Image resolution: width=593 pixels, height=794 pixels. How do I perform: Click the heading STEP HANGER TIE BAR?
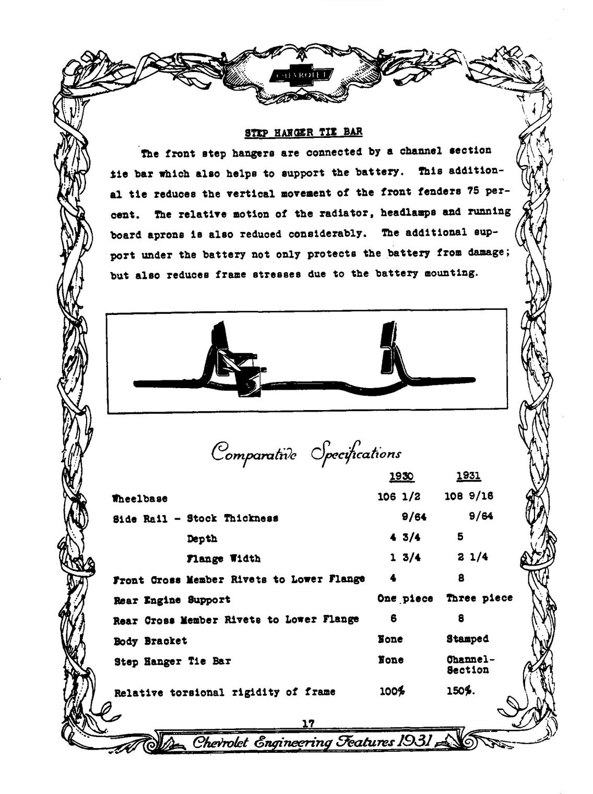pyautogui.click(x=303, y=132)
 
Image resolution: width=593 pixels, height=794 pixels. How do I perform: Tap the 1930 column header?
pyautogui.click(x=401, y=476)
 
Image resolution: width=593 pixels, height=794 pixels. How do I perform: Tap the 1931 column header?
pyautogui.click(x=468, y=476)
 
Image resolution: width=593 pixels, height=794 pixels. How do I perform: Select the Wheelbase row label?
pyautogui.click(x=140, y=498)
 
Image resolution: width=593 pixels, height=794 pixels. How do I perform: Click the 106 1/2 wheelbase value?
pyautogui.click(x=399, y=496)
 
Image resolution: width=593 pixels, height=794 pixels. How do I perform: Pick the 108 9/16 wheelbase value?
pyautogui.click(x=469, y=496)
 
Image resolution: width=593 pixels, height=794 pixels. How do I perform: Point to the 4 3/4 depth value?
pyautogui.click(x=405, y=538)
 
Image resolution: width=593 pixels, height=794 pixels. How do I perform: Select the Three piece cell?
pyautogui.click(x=479, y=598)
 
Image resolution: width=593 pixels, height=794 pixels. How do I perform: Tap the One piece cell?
pyautogui.click(x=405, y=599)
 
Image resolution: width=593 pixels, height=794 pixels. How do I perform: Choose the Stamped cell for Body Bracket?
pyautogui.click(x=467, y=639)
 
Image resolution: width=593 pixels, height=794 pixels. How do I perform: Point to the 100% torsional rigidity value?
pyautogui.click(x=392, y=691)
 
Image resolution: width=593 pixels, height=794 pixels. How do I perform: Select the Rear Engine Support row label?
pyautogui.click(x=172, y=600)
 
